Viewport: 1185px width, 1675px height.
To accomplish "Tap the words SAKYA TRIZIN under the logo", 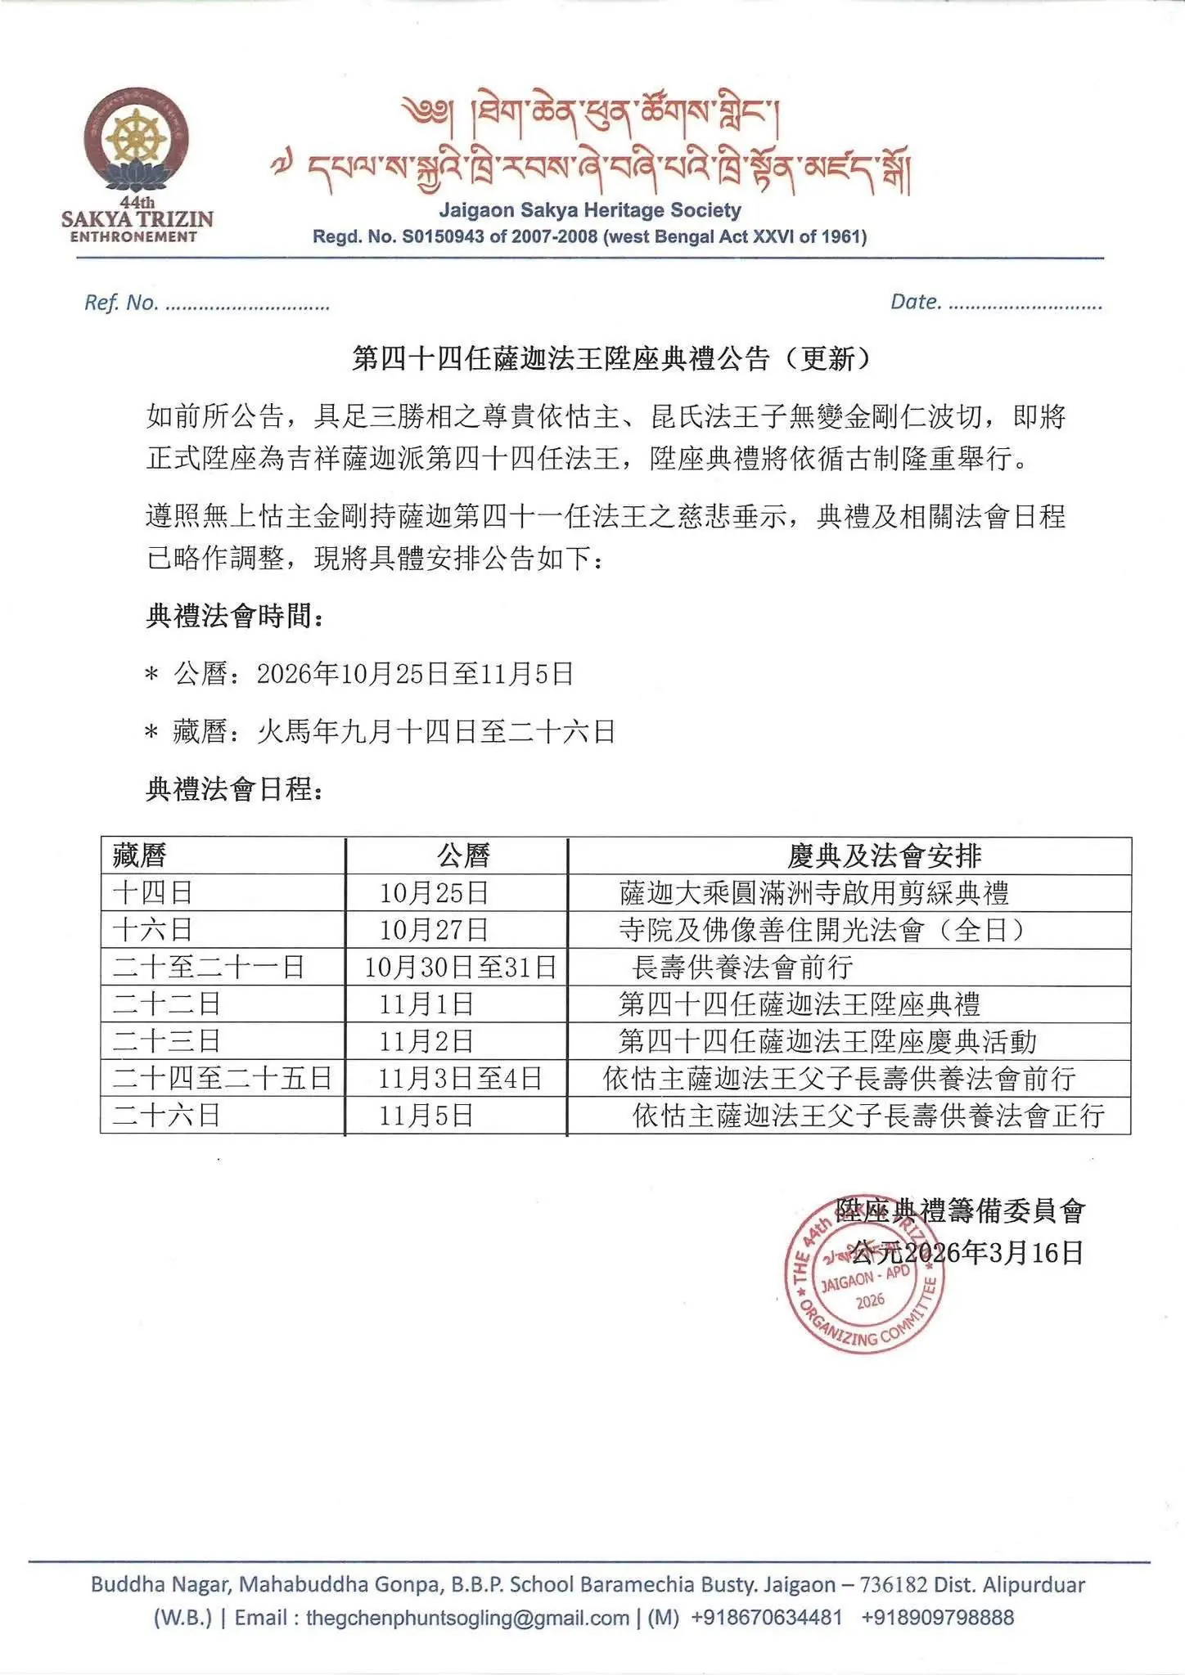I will click(137, 219).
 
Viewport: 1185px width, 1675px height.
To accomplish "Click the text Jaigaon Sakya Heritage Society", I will click(589, 210).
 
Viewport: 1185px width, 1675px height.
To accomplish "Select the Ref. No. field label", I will click(121, 303).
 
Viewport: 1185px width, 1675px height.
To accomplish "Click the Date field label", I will click(915, 302).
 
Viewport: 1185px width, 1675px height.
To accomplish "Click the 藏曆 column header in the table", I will click(140, 855).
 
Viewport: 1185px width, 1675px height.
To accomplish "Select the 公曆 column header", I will click(463, 855).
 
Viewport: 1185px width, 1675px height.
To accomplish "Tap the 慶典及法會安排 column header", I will click(884, 855).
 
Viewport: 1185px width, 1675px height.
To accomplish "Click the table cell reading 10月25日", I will click(434, 892).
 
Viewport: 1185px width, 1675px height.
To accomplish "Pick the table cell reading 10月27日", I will click(434, 930).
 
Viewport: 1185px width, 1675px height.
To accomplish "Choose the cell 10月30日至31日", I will click(460, 968).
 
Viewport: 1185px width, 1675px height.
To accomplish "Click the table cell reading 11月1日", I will click(426, 1004).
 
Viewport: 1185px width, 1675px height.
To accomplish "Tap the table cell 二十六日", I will click(167, 1116).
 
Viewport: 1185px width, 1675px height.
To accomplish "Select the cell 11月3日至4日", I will click(460, 1079).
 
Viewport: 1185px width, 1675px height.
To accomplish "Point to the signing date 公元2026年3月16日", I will click(966, 1252).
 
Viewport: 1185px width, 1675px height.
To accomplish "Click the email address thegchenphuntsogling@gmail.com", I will click(467, 1617).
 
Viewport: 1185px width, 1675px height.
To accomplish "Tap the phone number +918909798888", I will click(938, 1617).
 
